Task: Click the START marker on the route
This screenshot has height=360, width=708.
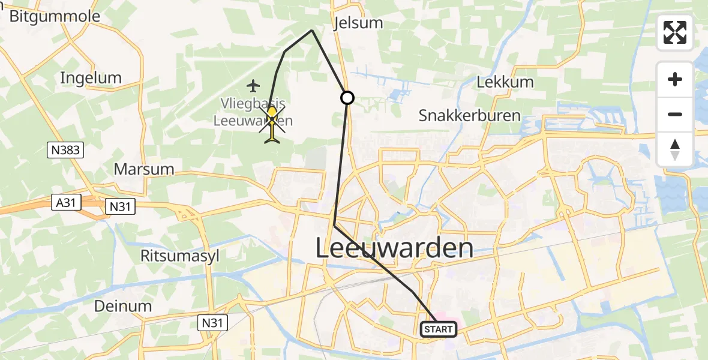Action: tap(439, 329)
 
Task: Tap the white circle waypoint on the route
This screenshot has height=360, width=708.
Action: tap(347, 97)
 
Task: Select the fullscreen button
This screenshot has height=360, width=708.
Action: tap(675, 32)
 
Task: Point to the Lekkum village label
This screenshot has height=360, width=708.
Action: tap(505, 82)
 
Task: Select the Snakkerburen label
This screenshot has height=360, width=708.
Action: tap(469, 115)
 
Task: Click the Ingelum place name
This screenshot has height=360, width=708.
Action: tap(91, 77)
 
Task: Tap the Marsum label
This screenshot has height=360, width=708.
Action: tap(144, 169)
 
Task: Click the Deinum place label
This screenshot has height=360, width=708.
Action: tap(123, 306)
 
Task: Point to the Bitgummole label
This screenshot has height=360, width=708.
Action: tap(55, 16)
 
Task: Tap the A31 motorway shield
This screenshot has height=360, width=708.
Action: tap(63, 203)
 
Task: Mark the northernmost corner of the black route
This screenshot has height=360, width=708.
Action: tap(312, 30)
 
